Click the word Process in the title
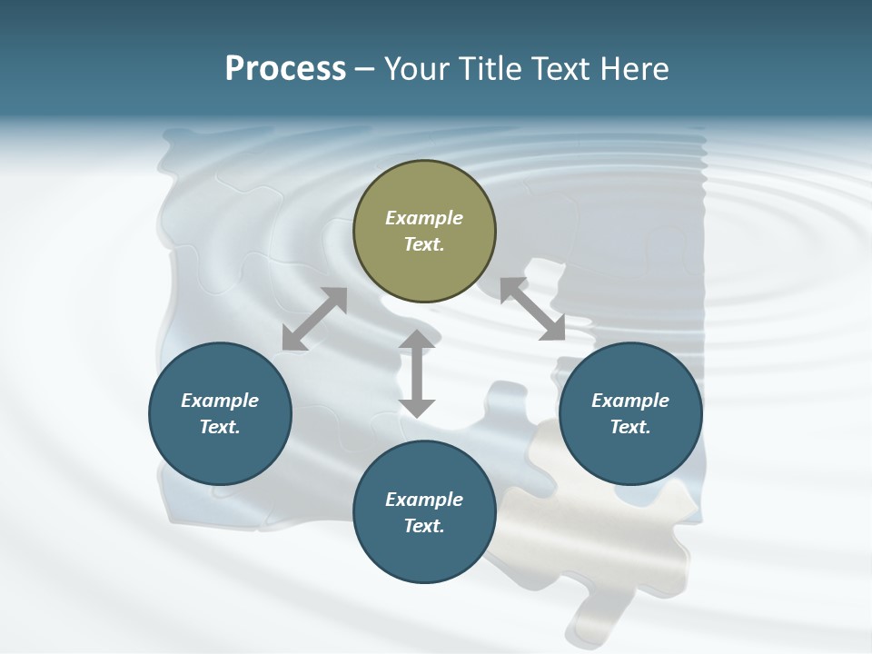285,69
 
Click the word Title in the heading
485,69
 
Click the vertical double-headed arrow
417,373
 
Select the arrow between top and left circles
314,319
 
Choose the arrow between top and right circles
532,310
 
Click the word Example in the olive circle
424,218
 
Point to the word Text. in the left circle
220,427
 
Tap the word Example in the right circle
630,401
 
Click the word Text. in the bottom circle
424,526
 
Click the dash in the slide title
364,69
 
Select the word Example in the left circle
220,401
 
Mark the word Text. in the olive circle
424,244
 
